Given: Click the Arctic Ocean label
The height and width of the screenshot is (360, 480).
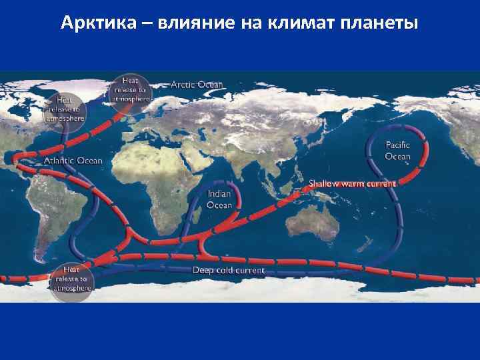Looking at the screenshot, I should (197, 85).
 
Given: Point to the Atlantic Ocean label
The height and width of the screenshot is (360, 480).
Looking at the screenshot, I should (73, 161).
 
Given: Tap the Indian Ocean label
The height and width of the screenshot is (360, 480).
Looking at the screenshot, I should (219, 199).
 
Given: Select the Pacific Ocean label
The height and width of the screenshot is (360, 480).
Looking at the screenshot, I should (398, 151).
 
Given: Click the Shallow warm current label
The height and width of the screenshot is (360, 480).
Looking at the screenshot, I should (352, 183).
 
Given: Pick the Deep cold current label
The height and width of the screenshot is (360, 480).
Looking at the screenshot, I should (229, 270).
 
